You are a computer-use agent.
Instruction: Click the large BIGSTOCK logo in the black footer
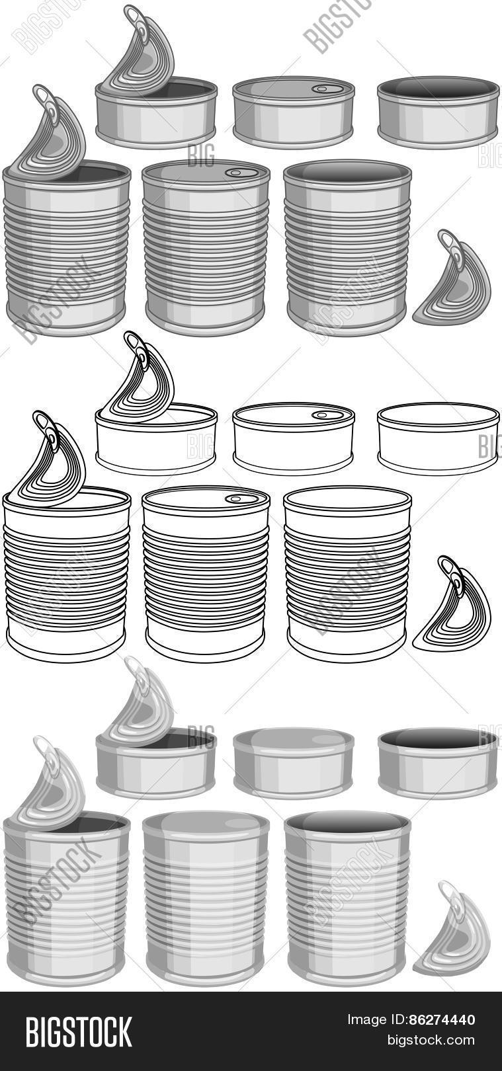[79, 1032]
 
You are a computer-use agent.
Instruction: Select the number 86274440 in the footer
[442, 1019]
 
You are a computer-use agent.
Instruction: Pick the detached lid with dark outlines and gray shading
[452, 282]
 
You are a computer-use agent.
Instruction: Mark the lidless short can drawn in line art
[438, 438]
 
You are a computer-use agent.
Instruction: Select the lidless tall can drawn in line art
[347, 574]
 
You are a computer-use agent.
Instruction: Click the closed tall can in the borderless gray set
[206, 900]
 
